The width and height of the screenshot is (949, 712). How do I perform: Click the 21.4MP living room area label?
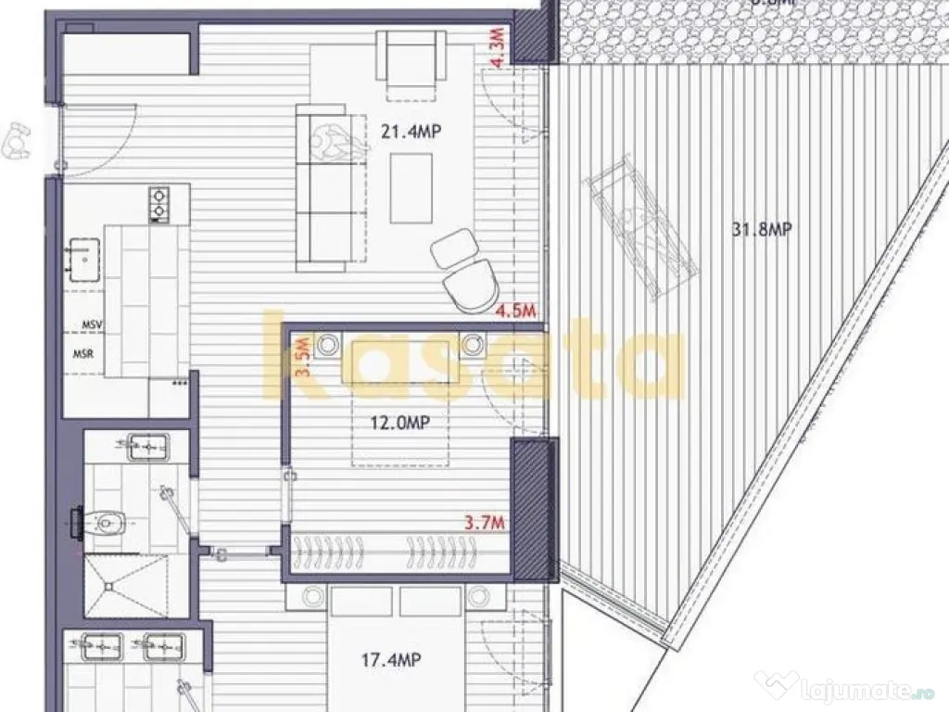(410, 132)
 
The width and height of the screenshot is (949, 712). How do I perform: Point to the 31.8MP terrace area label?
(762, 230)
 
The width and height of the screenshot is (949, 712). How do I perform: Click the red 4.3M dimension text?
(500, 47)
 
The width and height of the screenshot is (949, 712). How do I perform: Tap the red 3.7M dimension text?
(484, 523)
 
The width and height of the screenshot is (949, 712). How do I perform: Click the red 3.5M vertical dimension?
(300, 357)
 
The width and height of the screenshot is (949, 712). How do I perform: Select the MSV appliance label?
(91, 325)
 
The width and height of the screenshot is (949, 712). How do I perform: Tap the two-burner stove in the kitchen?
(159, 203)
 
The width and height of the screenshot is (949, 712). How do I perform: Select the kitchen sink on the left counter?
(84, 257)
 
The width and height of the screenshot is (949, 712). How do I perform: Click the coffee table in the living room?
(411, 188)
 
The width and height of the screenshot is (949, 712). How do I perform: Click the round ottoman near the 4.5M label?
(454, 248)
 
